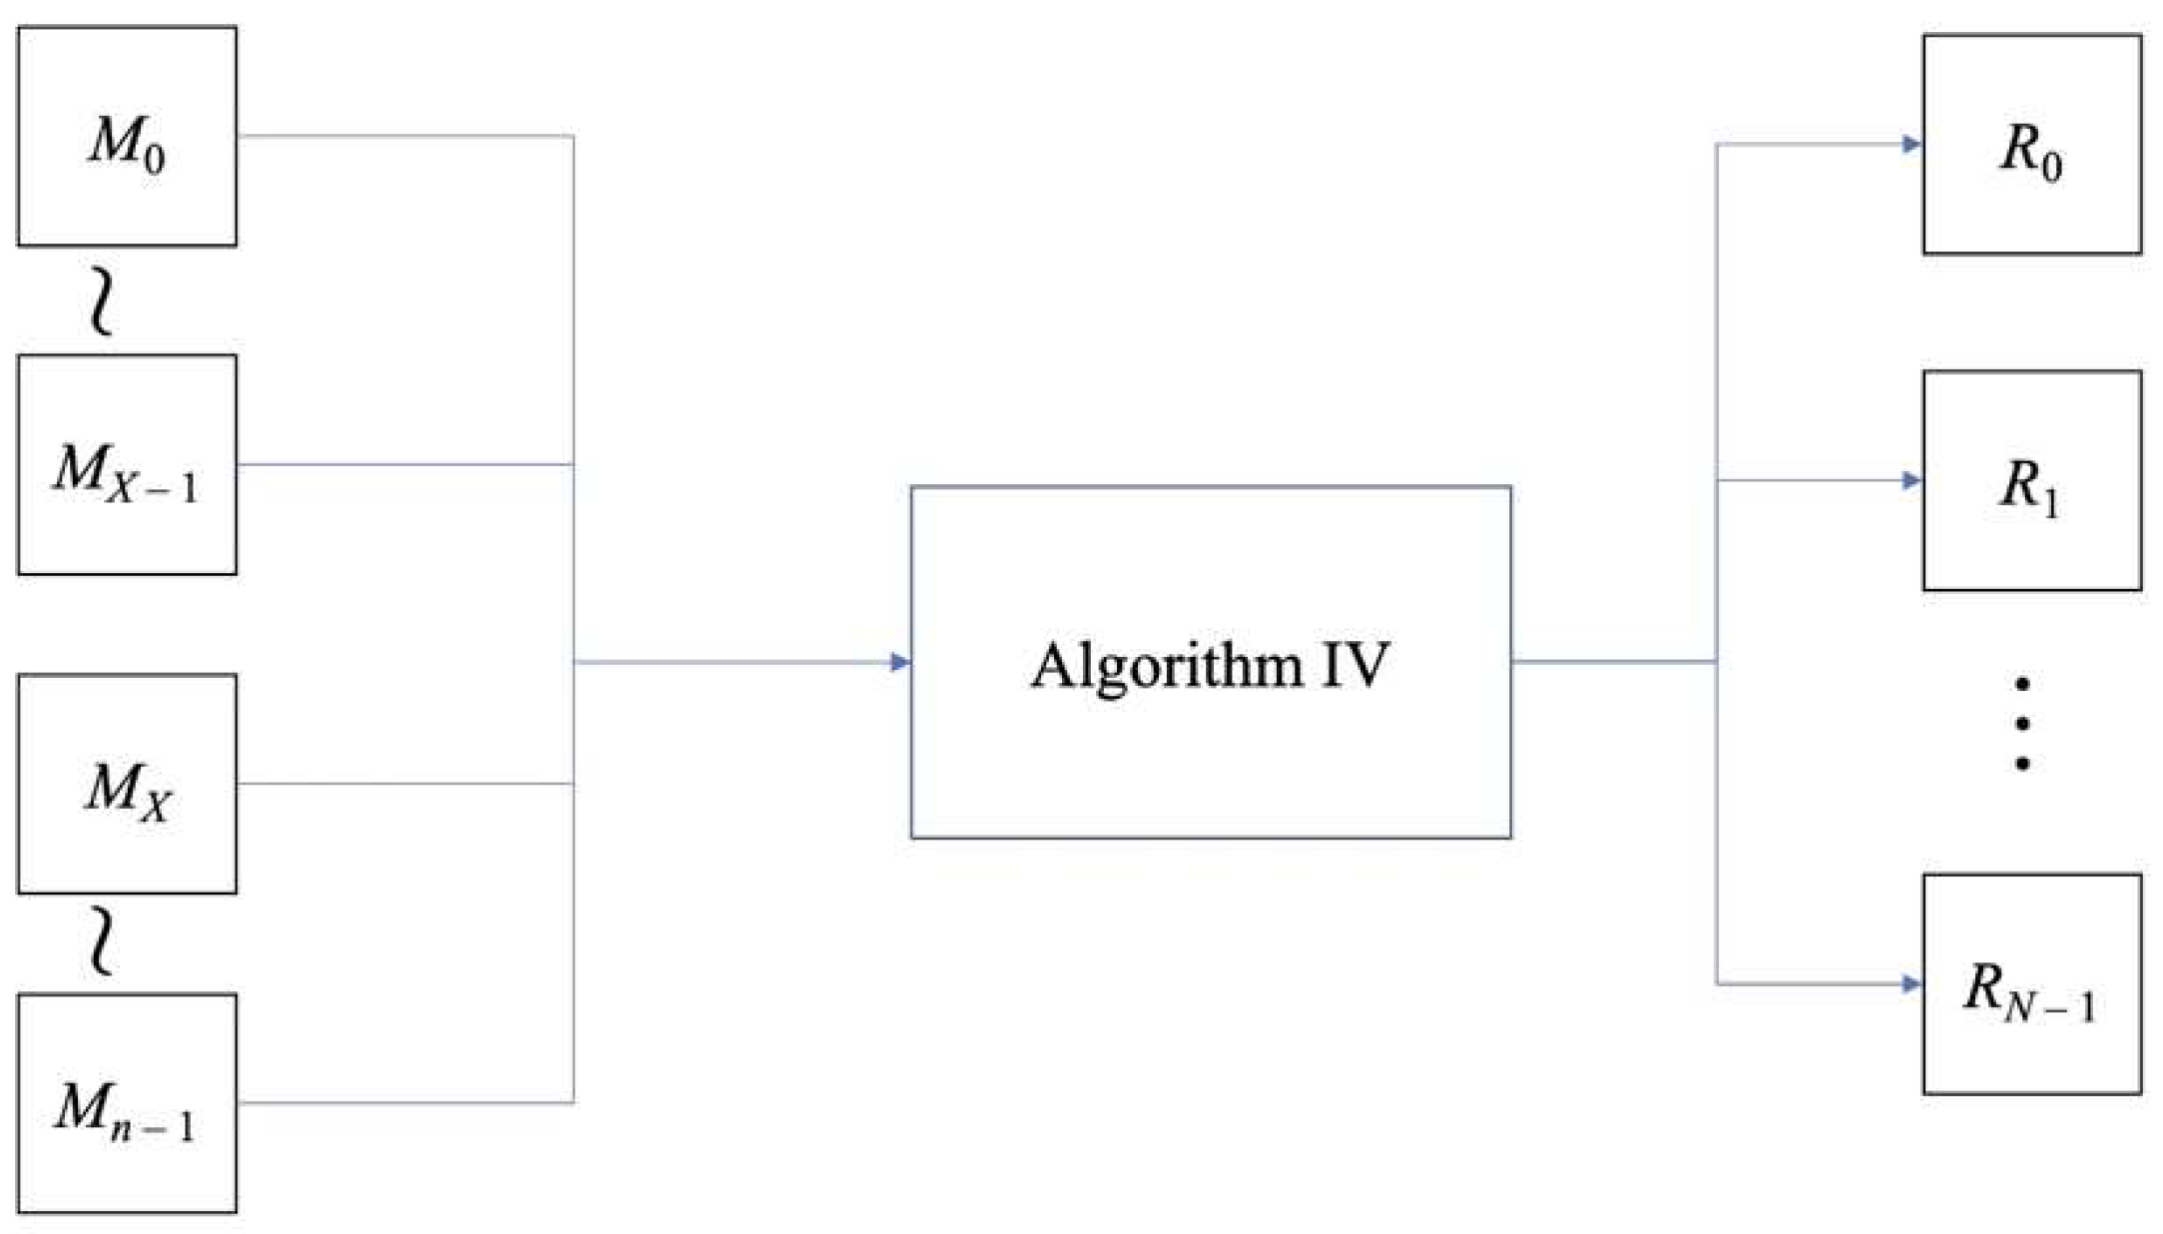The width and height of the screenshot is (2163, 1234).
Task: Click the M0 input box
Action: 127,136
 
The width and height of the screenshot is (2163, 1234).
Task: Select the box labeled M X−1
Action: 127,464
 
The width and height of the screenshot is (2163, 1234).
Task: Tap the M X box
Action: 127,784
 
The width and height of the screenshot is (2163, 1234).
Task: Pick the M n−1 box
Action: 127,1103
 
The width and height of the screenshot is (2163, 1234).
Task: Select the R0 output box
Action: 2031,145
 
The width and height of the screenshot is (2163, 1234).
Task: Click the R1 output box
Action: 2031,480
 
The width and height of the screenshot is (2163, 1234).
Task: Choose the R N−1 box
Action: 2031,984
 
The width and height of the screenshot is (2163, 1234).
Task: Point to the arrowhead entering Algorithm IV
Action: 899,662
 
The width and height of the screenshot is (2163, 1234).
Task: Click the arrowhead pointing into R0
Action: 1911,145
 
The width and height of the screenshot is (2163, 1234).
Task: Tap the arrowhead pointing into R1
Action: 1911,481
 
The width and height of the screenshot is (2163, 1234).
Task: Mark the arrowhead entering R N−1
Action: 1911,984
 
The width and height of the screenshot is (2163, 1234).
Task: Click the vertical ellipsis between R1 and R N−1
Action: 2022,724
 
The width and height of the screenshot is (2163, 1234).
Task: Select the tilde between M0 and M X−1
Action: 101,303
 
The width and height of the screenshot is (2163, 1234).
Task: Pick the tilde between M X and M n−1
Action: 101,941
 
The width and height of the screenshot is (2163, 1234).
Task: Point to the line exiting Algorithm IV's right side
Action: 1612,661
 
